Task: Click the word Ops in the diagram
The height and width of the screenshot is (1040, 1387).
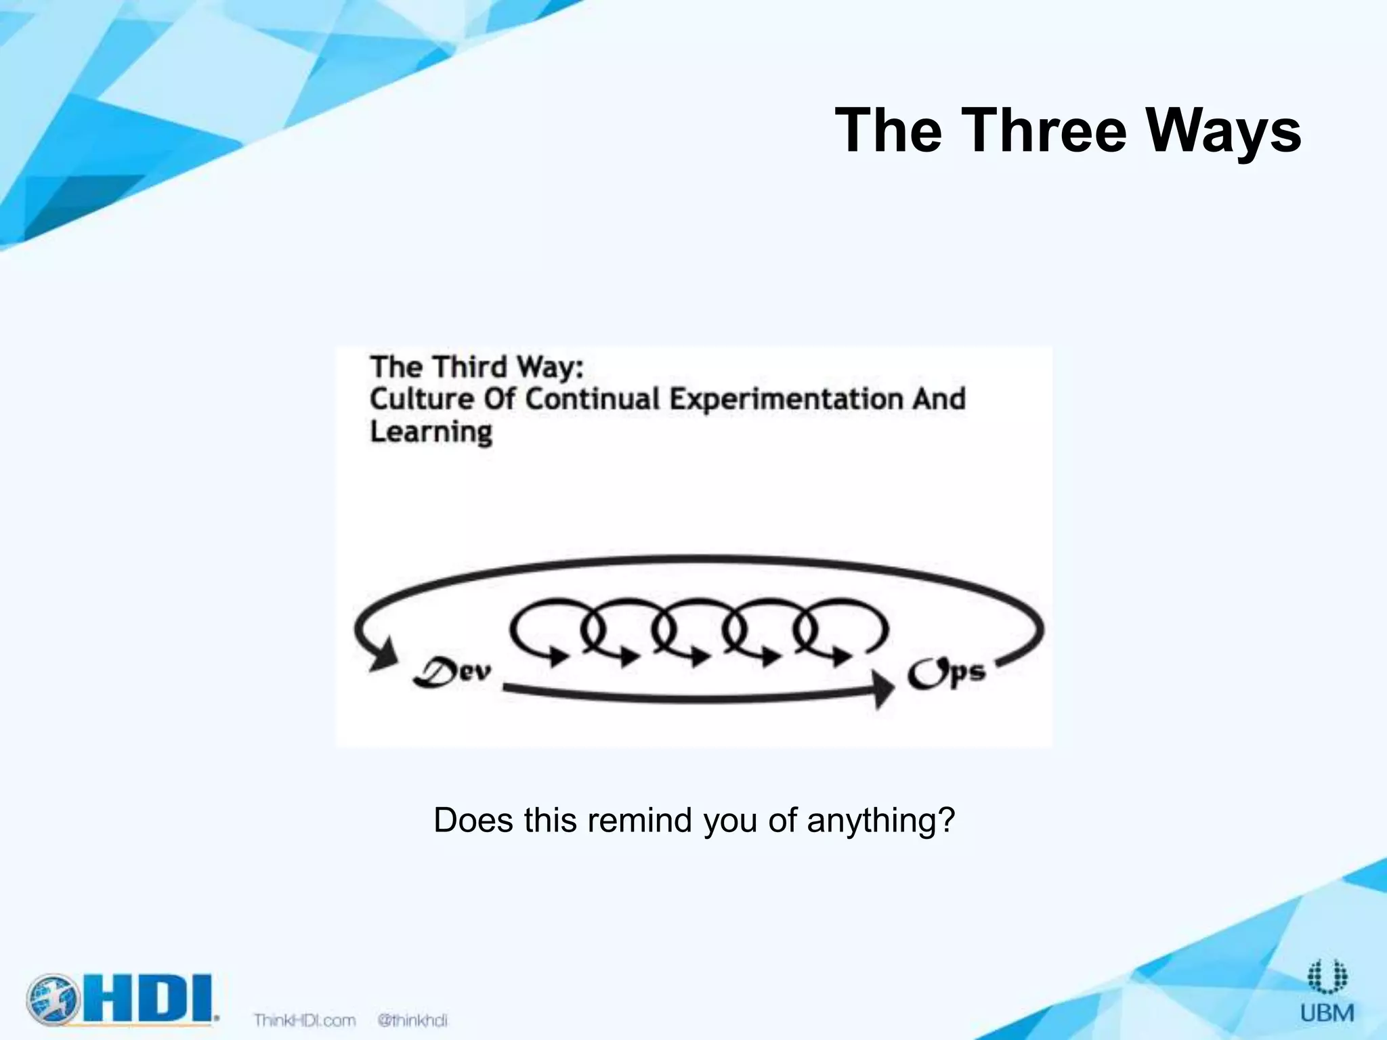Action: click(946, 674)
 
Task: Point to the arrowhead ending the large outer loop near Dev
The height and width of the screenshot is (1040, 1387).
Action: click(384, 655)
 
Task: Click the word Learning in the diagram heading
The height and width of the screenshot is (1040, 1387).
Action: click(431, 431)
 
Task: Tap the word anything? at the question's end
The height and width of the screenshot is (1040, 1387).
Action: click(880, 821)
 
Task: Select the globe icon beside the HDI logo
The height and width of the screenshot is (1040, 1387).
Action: click(51, 998)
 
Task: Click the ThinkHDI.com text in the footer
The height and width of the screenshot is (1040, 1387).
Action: click(304, 1020)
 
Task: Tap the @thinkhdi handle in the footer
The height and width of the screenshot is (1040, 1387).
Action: click(412, 1020)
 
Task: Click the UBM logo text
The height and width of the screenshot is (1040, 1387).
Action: click(1327, 1013)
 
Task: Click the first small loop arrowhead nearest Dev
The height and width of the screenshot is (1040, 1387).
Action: click(557, 655)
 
